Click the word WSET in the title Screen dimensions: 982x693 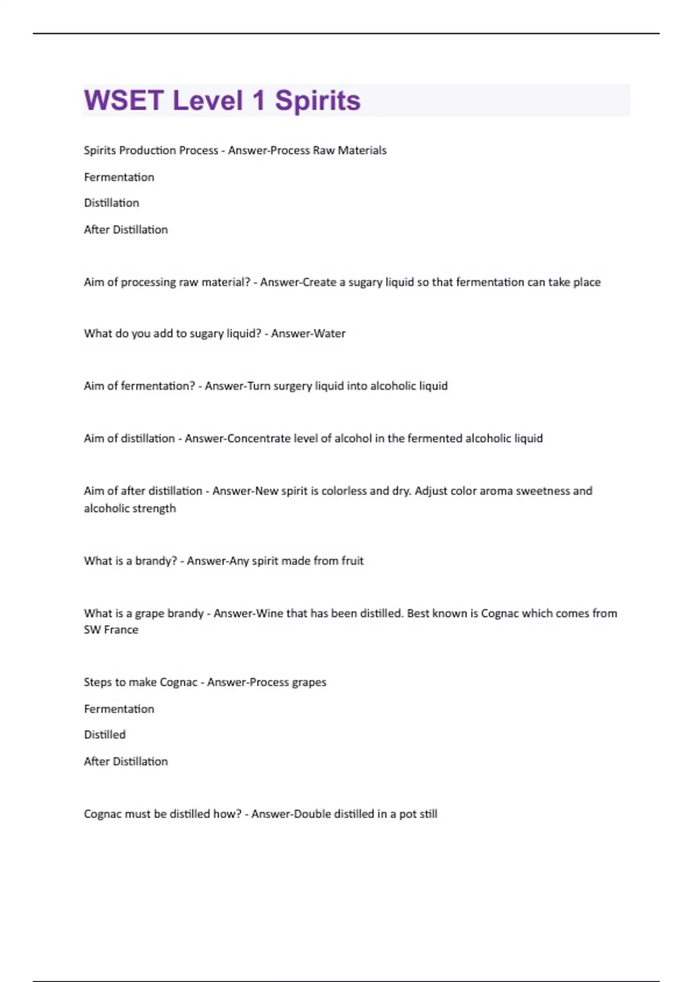[124, 101]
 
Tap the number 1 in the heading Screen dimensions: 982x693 [258, 101]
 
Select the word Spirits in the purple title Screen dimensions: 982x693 [318, 101]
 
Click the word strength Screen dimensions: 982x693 [155, 508]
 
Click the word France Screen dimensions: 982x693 [121, 630]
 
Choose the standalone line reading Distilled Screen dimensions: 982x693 [105, 735]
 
